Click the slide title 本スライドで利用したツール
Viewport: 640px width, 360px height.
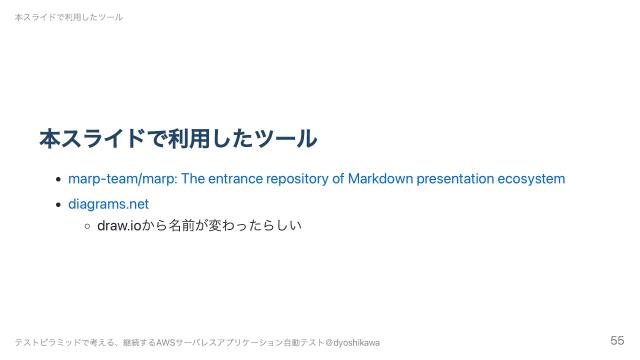177,138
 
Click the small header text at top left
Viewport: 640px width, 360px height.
69,17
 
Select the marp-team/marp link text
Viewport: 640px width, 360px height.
121,179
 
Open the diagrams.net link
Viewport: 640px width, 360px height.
108,204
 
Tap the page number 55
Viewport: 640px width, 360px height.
617,341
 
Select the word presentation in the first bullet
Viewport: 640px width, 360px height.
453,179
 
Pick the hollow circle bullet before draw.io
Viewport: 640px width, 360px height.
87,226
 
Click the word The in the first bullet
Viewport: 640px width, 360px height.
193,179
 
